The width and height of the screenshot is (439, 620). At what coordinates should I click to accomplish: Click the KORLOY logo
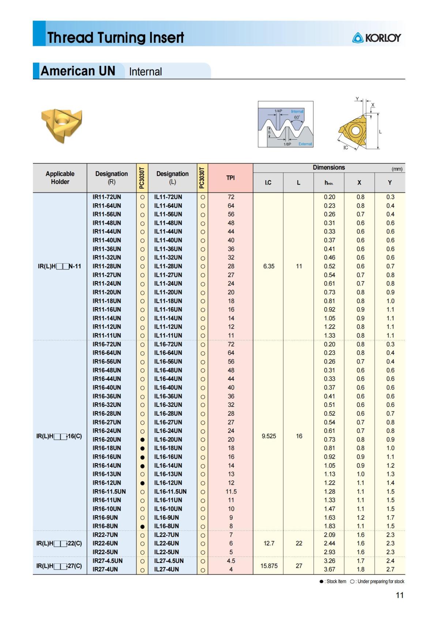(376, 38)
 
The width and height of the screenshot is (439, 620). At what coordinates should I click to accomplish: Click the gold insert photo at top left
(61, 124)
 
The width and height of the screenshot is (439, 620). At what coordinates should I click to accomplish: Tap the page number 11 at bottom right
(399, 595)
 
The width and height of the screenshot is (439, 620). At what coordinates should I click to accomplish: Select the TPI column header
(230, 178)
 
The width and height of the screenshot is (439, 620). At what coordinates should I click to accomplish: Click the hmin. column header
(329, 182)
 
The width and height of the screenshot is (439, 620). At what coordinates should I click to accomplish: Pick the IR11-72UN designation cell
(107, 197)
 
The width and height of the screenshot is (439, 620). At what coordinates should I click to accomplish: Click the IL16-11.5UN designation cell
(170, 491)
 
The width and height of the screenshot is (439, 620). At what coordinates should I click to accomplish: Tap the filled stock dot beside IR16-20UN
(142, 439)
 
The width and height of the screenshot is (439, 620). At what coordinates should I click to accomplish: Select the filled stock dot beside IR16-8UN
(142, 526)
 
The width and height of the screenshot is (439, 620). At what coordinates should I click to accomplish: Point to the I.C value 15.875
(269, 566)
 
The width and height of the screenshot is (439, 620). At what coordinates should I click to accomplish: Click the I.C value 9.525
(269, 436)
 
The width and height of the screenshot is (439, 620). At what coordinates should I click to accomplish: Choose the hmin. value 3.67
(329, 569)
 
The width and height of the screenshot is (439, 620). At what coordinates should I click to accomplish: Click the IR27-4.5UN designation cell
(108, 561)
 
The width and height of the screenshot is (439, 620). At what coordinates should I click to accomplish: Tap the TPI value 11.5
(231, 491)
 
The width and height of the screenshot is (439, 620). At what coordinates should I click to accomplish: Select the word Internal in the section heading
(145, 72)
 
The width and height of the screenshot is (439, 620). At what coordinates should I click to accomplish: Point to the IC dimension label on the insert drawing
(346, 148)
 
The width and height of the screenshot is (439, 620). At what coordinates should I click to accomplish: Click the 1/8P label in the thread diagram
(288, 144)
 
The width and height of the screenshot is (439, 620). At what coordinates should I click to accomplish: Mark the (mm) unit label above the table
(397, 169)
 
